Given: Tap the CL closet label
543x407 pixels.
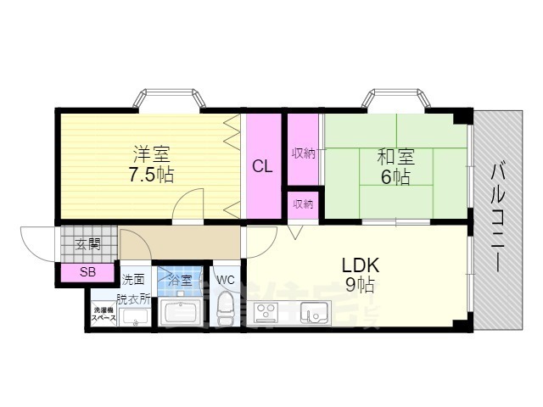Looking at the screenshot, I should point(262,166).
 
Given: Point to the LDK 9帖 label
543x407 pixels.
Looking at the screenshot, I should point(360,274).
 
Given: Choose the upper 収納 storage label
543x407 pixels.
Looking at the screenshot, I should point(303,153).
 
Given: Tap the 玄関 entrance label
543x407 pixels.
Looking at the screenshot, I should point(88,244).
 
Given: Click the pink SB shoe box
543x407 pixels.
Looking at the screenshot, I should point(87,272).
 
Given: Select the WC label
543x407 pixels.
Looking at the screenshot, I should point(226,280).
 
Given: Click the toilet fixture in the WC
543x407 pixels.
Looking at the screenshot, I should point(227,309).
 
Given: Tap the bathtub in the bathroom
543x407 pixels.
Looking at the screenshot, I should point(182,311).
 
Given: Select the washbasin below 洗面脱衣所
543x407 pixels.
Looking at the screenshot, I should point(134,316).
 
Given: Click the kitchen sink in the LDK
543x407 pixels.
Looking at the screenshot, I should point(312,314).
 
